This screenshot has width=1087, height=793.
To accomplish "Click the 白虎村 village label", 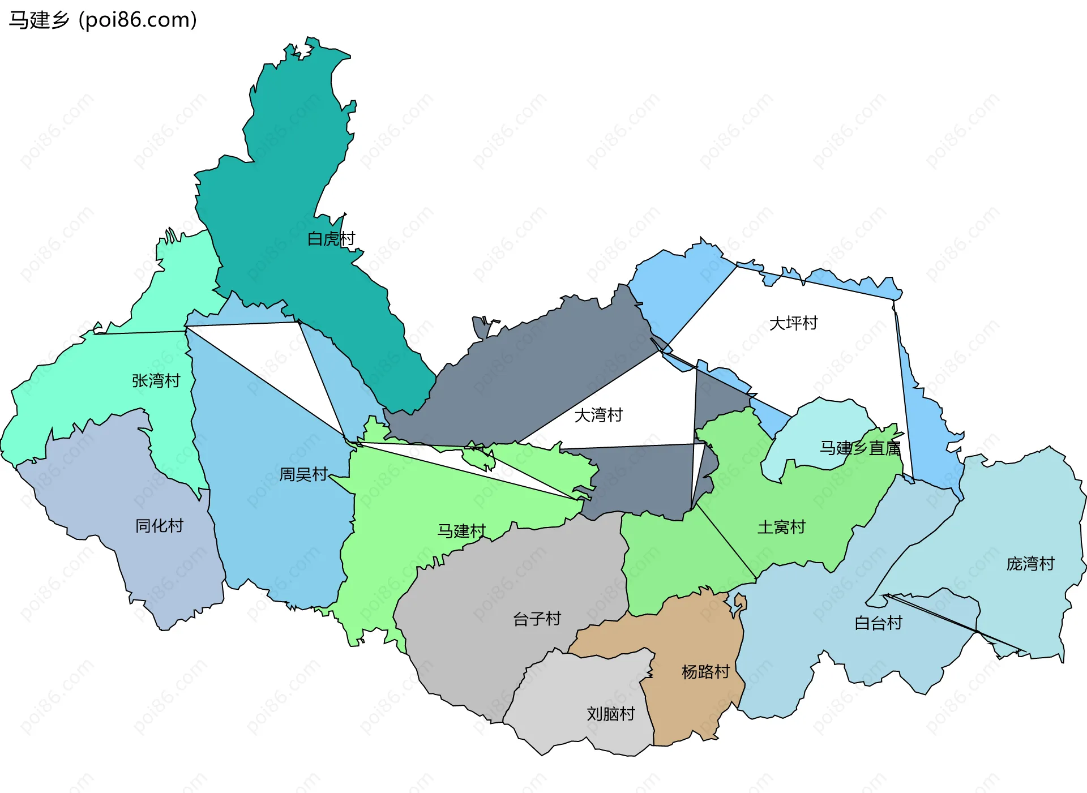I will pos(331,239).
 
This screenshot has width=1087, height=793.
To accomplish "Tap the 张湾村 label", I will pos(156,380).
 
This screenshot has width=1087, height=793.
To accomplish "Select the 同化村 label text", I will pos(159,526).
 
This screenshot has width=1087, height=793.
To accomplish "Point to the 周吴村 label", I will pos(303,474).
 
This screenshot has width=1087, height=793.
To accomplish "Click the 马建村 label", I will pos(461,531).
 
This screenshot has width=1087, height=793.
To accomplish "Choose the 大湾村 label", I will pos(598,415).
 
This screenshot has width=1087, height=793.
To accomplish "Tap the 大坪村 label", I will pos(793,323).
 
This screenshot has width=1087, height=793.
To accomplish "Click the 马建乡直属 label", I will pos(860,448).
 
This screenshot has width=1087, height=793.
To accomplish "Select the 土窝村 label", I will pos(781,528).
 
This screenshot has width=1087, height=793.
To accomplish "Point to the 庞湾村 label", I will pos(1030,564).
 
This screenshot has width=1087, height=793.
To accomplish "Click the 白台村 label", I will pos(878,623).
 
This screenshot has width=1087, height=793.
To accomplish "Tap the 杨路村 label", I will pos(705,672).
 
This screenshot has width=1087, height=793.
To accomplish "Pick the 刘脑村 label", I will pos(611,714).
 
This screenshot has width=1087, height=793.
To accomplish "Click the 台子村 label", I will pos(537,619).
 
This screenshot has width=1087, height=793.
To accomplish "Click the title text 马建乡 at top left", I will pos(38,20).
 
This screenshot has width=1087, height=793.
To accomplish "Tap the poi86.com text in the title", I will pos(138,20).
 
